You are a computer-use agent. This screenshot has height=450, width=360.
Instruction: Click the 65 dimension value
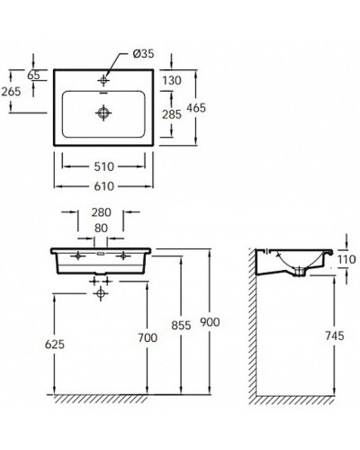tap(34, 76)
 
